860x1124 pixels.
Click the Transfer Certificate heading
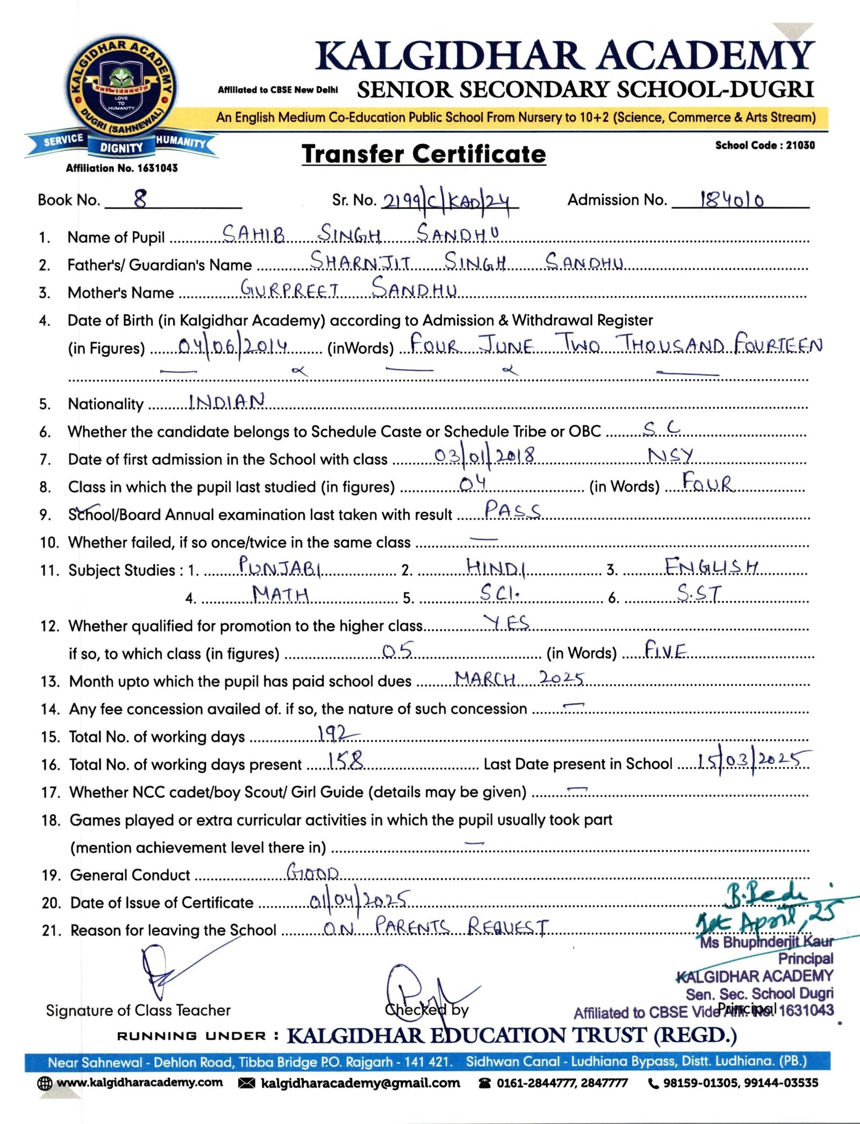tap(424, 154)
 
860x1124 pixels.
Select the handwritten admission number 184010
tap(732, 200)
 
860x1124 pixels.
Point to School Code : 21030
tap(764, 145)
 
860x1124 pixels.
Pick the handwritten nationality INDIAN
tap(227, 402)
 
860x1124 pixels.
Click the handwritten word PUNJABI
tap(280, 567)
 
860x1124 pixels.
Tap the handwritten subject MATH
tap(281, 595)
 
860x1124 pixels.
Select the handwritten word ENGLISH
tap(711, 567)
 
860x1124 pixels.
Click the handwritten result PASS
tap(512, 510)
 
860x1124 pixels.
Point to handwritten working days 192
tap(338, 734)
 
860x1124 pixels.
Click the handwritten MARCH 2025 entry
tap(519, 678)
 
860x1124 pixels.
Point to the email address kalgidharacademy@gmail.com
tap(360, 1083)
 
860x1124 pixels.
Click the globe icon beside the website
tap(45, 1083)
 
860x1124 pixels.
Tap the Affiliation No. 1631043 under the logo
tap(121, 168)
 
